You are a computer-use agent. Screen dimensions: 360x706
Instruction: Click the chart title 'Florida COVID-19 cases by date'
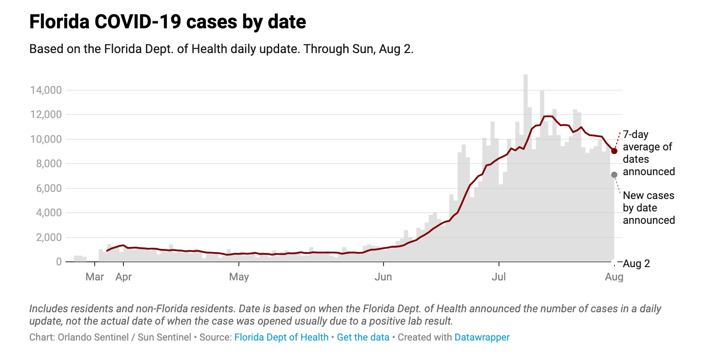pyautogui.click(x=168, y=22)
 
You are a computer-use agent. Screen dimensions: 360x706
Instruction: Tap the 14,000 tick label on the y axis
pyautogui.click(x=46, y=90)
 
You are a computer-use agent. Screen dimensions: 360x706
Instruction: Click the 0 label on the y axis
pyautogui.click(x=59, y=262)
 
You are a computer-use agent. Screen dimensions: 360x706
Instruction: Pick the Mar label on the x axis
pyautogui.click(x=95, y=277)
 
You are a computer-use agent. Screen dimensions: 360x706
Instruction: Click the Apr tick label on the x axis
pyautogui.click(x=123, y=277)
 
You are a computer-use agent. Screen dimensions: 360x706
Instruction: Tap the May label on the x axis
pyautogui.click(x=239, y=277)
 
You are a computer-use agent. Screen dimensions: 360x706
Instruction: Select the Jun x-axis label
pyautogui.click(x=383, y=277)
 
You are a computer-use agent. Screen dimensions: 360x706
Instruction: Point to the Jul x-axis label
pyautogui.click(x=499, y=277)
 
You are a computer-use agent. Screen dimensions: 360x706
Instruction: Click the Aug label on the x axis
pyautogui.click(x=614, y=277)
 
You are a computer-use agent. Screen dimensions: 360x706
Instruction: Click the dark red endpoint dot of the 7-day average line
pyautogui.click(x=614, y=151)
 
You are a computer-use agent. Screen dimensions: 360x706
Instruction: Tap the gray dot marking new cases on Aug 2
pyautogui.click(x=614, y=175)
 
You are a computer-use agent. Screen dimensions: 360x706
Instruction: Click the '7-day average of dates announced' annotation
pyautogui.click(x=648, y=153)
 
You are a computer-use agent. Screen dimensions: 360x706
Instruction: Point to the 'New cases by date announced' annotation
pyautogui.click(x=648, y=208)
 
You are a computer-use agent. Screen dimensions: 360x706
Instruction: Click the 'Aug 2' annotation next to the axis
pyautogui.click(x=636, y=264)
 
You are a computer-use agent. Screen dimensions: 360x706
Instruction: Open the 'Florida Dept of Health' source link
pyautogui.click(x=281, y=337)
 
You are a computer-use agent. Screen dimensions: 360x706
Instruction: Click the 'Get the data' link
pyautogui.click(x=363, y=337)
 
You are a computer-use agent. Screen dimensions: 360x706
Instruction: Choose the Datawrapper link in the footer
pyautogui.click(x=482, y=337)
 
